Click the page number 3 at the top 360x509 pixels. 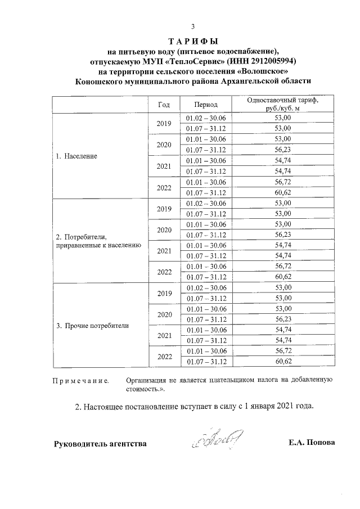(x=193, y=26)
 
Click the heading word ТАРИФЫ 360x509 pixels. (x=193, y=41)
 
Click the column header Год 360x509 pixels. (x=164, y=105)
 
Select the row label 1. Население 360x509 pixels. (x=76, y=155)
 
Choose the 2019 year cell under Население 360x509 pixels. (x=164, y=123)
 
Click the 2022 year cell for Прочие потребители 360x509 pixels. (x=164, y=357)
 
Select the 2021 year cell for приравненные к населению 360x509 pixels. (x=164, y=251)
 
